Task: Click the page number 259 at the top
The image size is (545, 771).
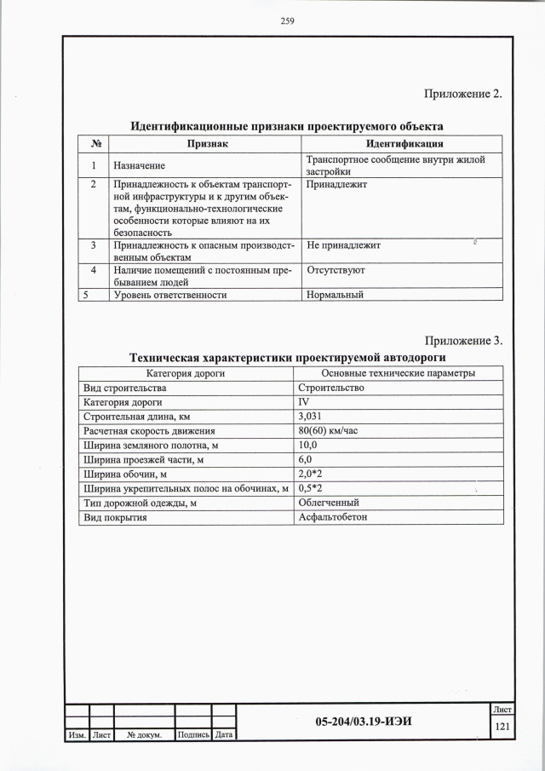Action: [x=287, y=22]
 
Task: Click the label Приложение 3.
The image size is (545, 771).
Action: [x=463, y=341]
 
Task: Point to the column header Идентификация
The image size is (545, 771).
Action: [x=404, y=144]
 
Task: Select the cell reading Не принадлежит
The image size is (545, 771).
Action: [x=343, y=245]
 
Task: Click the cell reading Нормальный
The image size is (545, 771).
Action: [x=335, y=295]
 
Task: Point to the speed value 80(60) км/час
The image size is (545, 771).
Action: [x=328, y=431]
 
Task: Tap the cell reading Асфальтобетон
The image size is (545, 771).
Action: [x=332, y=517]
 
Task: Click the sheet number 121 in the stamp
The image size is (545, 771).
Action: [x=502, y=727]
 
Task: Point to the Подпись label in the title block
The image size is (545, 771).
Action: [x=192, y=734]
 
